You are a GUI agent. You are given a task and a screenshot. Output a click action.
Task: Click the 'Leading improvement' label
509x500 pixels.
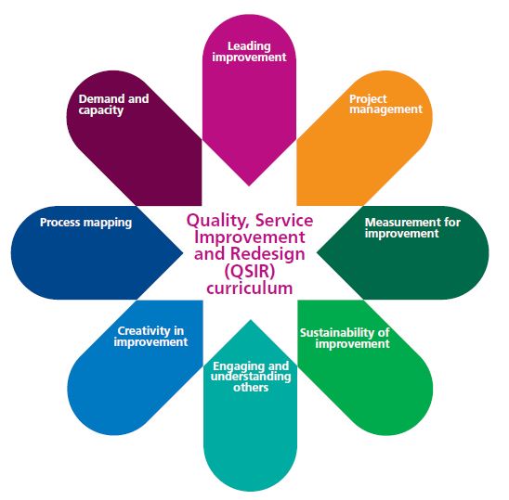(249, 52)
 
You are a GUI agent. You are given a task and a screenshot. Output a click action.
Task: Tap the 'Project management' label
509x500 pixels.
(385, 104)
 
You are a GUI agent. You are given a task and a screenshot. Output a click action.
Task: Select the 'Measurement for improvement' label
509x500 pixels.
(412, 227)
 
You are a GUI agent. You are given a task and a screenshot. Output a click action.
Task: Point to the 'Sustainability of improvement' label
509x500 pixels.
(345, 338)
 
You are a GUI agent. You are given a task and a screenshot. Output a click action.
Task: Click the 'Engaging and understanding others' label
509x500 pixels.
(251, 377)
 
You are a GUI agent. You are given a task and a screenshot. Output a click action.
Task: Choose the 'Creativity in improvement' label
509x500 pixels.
(150, 336)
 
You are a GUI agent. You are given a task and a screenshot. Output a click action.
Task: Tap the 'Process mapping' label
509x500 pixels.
(85, 223)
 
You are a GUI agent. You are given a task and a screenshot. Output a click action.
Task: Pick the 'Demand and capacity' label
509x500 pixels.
(113, 105)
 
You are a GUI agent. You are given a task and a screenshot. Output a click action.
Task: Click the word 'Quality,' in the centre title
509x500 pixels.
(218, 221)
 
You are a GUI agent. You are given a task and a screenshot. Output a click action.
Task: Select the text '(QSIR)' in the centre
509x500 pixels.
(249, 271)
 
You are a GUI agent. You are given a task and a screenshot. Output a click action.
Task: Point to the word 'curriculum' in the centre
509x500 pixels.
(249, 288)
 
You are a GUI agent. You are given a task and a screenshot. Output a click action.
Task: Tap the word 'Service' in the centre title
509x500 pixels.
(284, 220)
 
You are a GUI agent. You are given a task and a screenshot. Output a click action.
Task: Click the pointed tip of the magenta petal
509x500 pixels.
(249, 186)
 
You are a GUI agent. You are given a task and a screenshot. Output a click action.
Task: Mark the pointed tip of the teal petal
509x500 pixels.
(250, 320)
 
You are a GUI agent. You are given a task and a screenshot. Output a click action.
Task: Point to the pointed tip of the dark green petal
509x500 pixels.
(317, 253)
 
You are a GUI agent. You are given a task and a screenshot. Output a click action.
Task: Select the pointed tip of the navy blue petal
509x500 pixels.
(183, 253)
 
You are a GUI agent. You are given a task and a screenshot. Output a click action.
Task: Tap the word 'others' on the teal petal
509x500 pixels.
(251, 388)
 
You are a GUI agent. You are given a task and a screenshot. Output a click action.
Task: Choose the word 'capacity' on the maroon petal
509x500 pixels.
(101, 110)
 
